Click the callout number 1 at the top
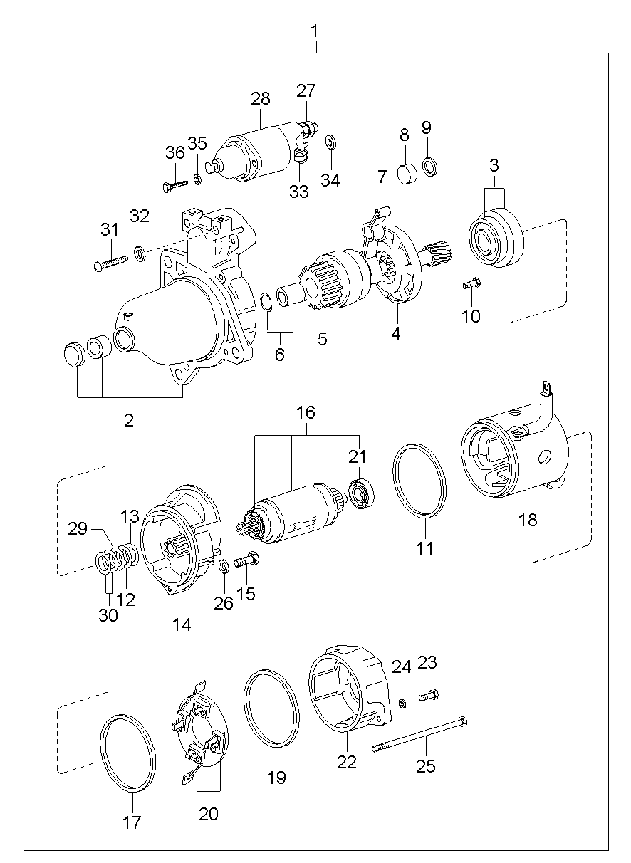[x=315, y=31]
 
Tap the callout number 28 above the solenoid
[x=260, y=99]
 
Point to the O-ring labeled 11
[x=419, y=480]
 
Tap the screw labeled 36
[x=175, y=185]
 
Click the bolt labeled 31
[x=110, y=261]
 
